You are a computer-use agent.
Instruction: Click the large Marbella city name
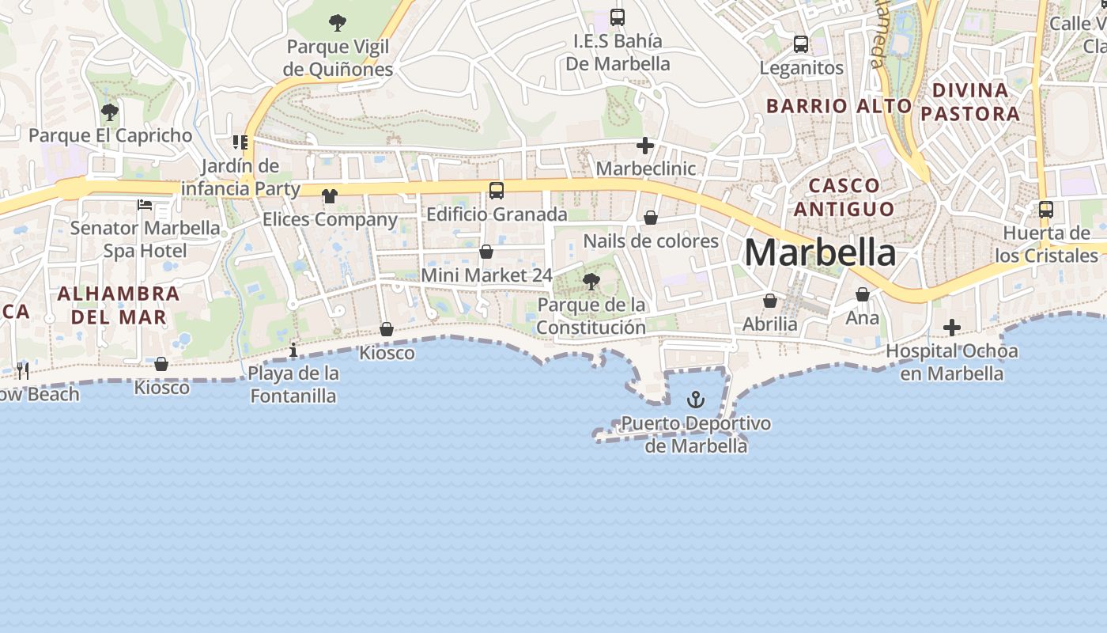820,253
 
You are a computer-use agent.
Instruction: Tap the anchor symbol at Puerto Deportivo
696,400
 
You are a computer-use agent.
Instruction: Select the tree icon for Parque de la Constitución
591,281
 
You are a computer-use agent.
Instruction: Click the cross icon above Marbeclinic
645,146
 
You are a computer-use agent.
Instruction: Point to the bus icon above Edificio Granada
497,191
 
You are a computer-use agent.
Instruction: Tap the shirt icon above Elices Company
329,196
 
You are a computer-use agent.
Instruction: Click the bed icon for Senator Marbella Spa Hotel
145,205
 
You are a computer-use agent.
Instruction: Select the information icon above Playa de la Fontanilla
293,349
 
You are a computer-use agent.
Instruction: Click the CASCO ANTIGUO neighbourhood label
844,197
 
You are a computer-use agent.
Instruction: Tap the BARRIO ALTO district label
840,105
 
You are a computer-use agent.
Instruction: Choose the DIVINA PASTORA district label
970,102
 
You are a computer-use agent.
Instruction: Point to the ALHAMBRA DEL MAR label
119,305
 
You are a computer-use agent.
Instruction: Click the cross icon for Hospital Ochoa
952,328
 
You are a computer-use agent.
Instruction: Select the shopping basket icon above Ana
863,295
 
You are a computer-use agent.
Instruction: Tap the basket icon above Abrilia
769,301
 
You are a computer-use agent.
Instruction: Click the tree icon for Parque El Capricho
110,112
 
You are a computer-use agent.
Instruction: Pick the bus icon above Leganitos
801,44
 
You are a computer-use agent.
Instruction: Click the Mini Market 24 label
486,275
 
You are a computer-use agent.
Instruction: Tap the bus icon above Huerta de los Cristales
1046,210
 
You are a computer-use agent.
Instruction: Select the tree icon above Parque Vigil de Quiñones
338,23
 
